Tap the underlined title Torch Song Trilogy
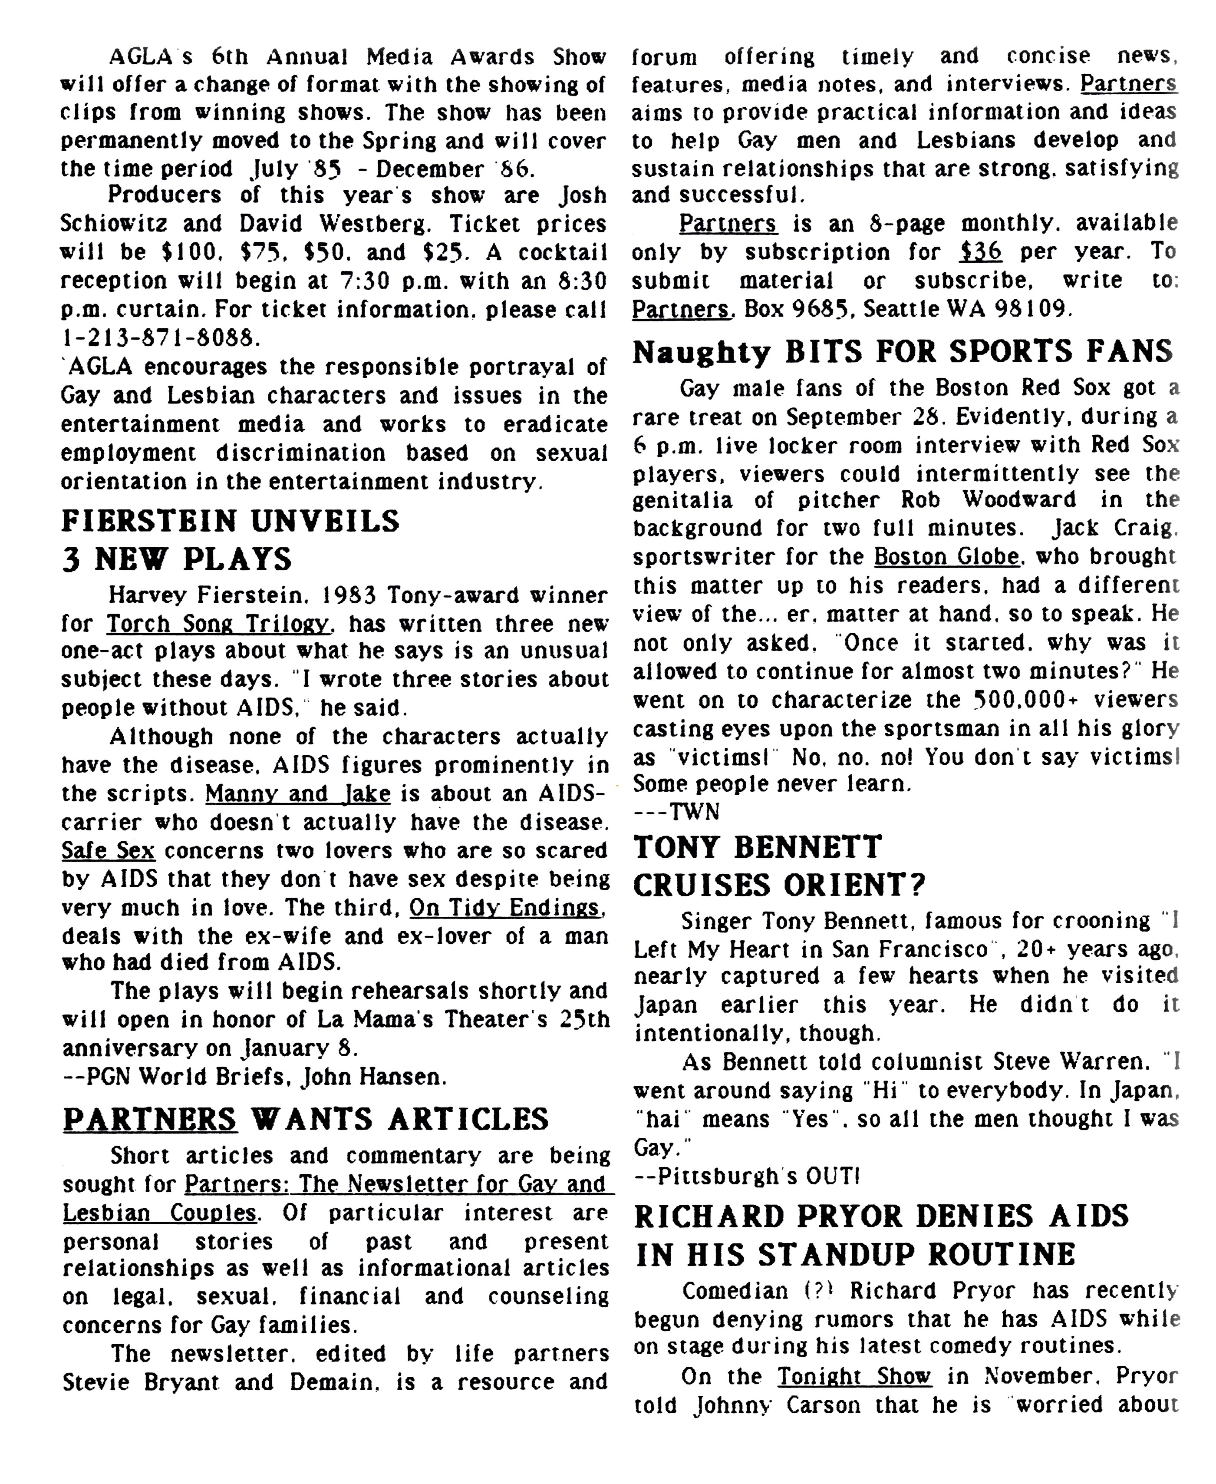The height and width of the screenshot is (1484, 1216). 217,624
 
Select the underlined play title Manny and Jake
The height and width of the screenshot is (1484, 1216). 298,794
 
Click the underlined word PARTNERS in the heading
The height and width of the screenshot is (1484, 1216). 150,1119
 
